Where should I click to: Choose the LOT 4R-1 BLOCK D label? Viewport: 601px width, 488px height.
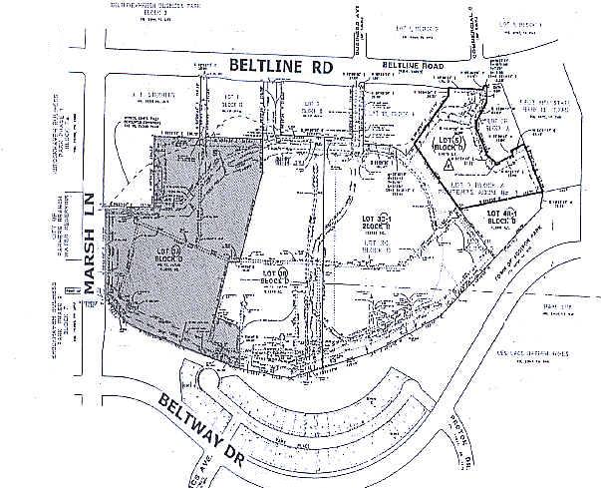(506, 218)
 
